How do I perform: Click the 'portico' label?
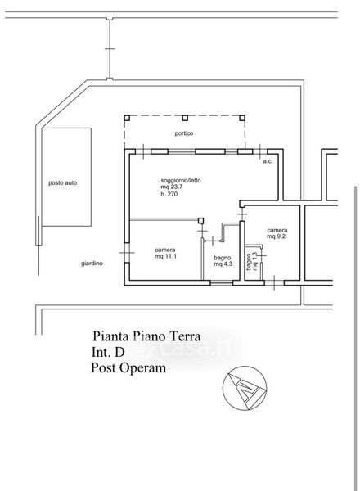184,133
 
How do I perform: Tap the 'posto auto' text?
63,182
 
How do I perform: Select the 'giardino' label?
92,264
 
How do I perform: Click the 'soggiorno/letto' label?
181,180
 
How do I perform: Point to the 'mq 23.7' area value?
172,187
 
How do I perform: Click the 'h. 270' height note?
169,194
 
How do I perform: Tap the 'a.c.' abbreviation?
268,161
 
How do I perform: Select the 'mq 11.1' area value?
166,256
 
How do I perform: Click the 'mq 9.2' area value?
276,236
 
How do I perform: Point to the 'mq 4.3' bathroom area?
223,264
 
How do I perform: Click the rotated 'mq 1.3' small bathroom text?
254,261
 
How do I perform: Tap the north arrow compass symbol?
245,388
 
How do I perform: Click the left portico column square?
127,118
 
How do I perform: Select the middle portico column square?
185,118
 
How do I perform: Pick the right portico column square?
242,118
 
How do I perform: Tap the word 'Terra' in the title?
184,336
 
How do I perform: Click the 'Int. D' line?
108,352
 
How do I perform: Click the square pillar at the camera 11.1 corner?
200,220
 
